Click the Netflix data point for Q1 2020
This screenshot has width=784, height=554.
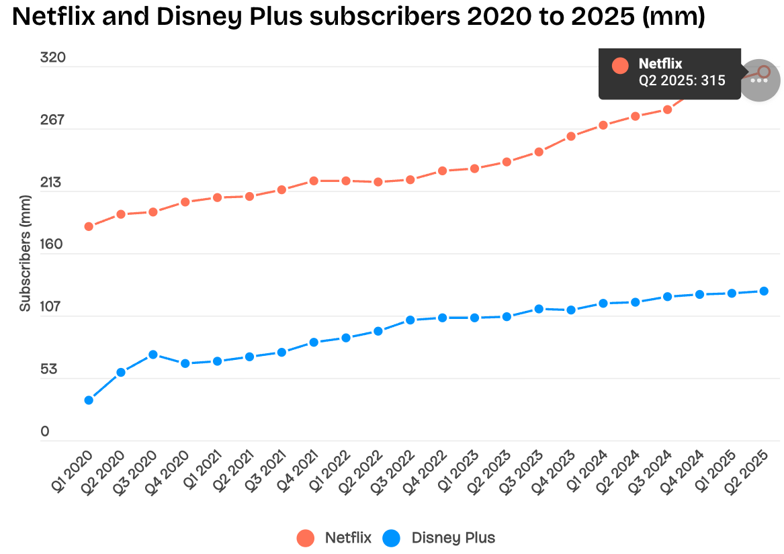(89, 226)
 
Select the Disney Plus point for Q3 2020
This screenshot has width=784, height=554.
(153, 355)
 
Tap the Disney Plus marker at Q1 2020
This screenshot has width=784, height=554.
(89, 400)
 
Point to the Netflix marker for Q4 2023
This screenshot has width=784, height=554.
(571, 136)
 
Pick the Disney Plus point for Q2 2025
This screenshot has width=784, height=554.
(764, 291)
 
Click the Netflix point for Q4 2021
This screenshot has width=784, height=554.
(314, 181)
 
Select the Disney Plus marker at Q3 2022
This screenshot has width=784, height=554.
(410, 320)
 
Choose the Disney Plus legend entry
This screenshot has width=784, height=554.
(440, 538)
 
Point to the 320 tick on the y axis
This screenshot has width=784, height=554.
(53, 58)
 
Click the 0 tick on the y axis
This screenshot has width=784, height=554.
(45, 432)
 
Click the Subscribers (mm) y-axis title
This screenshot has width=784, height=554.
(26, 253)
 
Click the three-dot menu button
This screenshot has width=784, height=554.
(759, 81)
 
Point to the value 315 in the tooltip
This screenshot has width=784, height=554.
(713, 81)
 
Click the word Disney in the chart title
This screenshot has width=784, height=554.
(189, 17)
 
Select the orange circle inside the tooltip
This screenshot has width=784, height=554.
(620, 66)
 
